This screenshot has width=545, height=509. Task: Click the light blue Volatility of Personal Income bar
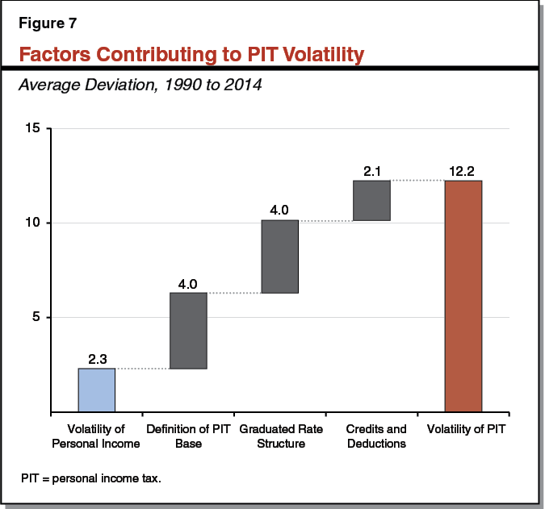97,390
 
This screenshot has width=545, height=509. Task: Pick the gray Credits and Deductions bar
371,201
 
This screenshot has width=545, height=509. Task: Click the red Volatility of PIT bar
463,296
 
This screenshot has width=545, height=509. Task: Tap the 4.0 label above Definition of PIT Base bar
188,284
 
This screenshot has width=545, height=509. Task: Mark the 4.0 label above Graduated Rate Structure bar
280,211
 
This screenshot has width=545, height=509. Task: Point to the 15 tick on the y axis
33,128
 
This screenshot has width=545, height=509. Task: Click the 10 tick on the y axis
33,223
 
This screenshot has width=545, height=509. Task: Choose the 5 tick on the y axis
37,317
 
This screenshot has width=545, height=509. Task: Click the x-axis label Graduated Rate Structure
280,436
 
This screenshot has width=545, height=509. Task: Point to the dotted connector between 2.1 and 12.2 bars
417,181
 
